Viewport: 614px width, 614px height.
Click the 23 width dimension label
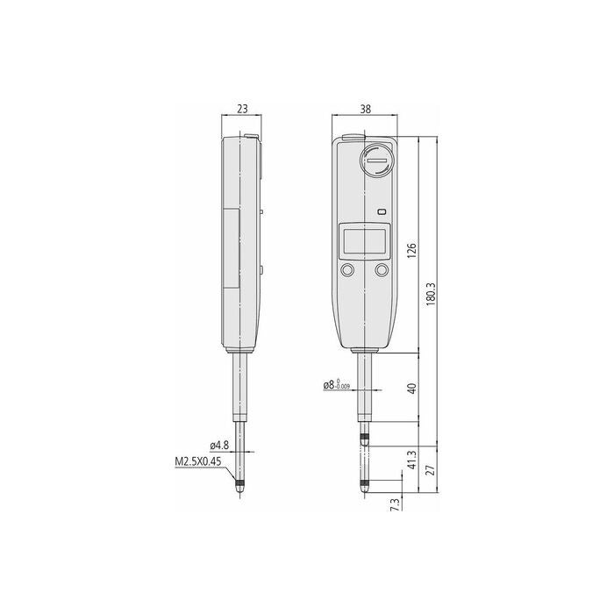[242, 109]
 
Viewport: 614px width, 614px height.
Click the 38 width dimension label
[365, 109]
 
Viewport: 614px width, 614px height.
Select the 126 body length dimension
[411, 250]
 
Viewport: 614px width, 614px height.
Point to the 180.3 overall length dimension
[431, 294]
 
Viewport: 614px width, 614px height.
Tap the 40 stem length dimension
[411, 388]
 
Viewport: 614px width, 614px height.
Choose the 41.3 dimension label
[411, 460]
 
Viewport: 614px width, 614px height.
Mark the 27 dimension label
[431, 469]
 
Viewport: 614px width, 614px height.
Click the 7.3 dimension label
[396, 504]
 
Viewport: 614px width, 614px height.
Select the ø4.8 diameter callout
[219, 446]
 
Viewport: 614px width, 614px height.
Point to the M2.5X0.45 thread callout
[197, 461]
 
